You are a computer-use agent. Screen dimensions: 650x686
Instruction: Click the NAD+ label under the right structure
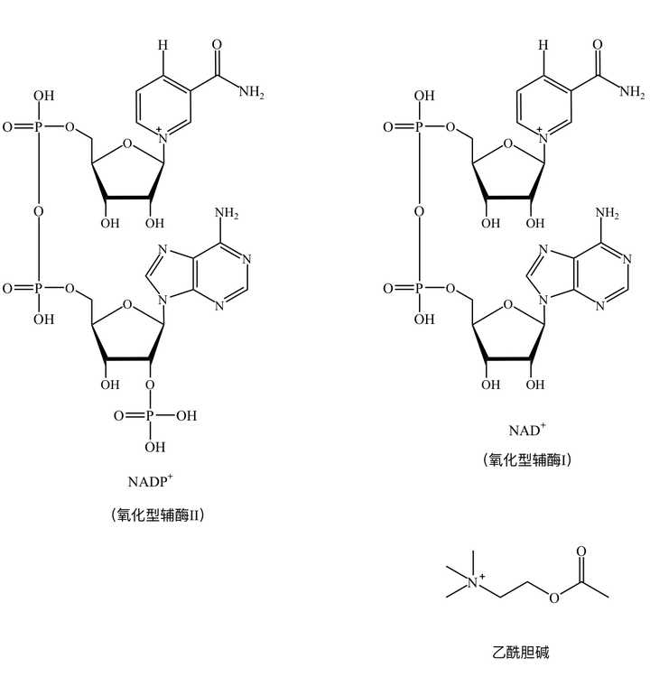tap(527, 430)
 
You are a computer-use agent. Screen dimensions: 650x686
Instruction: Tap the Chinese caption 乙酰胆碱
tap(520, 652)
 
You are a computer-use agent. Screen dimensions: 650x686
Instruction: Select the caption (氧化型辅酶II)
tap(158, 514)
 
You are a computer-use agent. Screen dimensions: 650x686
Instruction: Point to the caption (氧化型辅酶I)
tap(527, 459)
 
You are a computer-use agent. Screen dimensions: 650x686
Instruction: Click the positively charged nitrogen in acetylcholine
tap(473, 582)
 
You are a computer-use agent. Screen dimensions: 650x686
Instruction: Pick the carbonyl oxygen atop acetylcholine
tap(580, 552)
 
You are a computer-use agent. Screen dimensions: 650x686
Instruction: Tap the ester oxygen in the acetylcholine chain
tap(553, 598)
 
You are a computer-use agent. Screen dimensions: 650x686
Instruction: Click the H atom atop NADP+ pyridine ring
tap(162, 44)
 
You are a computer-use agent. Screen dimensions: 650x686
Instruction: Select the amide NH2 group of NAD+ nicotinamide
tap(632, 91)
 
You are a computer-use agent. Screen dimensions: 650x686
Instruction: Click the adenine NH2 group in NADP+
tap(227, 213)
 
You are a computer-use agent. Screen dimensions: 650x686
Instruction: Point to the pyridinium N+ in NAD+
tap(543, 137)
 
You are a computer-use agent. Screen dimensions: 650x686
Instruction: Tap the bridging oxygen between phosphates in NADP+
tap(39, 211)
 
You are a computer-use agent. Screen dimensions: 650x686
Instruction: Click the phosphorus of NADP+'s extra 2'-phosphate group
tap(150, 415)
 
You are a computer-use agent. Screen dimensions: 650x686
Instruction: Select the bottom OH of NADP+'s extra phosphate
tap(155, 447)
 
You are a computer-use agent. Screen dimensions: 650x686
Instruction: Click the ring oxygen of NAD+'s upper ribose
tap(507, 143)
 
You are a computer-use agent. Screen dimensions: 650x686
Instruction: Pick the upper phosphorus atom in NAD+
tap(419, 127)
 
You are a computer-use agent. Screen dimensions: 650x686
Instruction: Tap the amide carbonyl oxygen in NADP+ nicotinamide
tap(217, 44)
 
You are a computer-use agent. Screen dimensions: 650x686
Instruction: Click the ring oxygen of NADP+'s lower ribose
tap(127, 304)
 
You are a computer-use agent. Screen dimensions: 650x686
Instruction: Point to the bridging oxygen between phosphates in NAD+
tap(419, 211)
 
